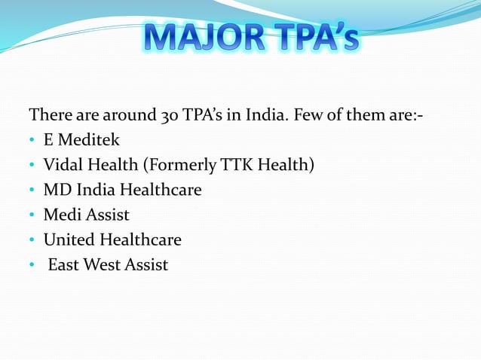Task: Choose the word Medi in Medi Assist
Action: pos(60,215)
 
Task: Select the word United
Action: pos(69,240)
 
